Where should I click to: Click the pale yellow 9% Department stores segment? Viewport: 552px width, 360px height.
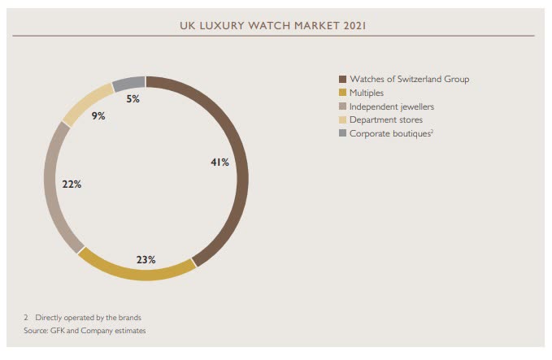[86, 101]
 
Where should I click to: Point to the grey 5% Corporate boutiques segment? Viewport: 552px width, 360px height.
[129, 83]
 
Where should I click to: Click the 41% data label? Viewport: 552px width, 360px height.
[219, 163]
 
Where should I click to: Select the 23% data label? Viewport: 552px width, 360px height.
[146, 260]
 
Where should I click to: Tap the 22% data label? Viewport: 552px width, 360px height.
[72, 184]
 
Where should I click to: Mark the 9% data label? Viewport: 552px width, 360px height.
[98, 116]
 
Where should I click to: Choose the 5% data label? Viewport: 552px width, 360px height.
[133, 99]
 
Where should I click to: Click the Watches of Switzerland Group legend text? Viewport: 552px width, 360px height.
[409, 79]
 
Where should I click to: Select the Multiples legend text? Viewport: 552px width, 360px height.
[367, 93]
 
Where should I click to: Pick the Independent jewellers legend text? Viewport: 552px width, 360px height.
[391, 106]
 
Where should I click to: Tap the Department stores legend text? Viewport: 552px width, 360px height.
[385, 119]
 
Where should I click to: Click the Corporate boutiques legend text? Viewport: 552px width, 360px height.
[390, 133]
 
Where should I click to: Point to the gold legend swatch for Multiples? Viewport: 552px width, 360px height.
[342, 93]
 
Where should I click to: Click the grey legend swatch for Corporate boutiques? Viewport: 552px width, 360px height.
[342, 133]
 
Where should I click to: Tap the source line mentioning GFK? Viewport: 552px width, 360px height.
[85, 331]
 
